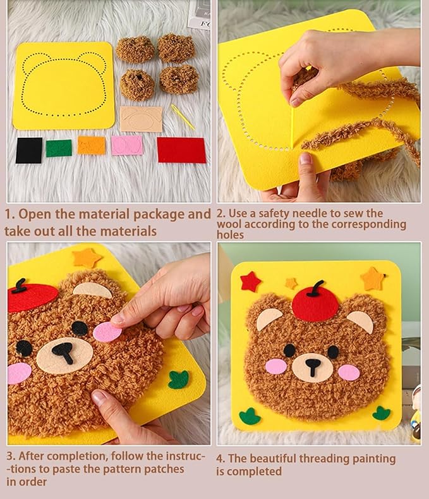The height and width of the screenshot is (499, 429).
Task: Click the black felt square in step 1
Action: tap(28, 151)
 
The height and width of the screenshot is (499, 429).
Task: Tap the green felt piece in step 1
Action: tap(59, 148)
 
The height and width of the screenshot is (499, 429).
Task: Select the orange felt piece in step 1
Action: tap(92, 145)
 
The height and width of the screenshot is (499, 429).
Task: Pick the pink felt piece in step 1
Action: tap(127, 145)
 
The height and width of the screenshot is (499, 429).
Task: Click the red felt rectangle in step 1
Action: tap(181, 150)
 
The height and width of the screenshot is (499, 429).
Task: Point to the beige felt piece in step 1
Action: tap(141, 119)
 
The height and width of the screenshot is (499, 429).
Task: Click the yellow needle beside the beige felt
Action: tap(183, 117)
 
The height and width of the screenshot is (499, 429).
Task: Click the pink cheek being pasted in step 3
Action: tap(107, 331)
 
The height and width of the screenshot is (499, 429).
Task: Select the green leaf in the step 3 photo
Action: tap(179, 379)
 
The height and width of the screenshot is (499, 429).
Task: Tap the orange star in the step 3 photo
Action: tap(87, 257)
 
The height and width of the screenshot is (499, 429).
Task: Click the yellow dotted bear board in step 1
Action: tap(64, 85)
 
